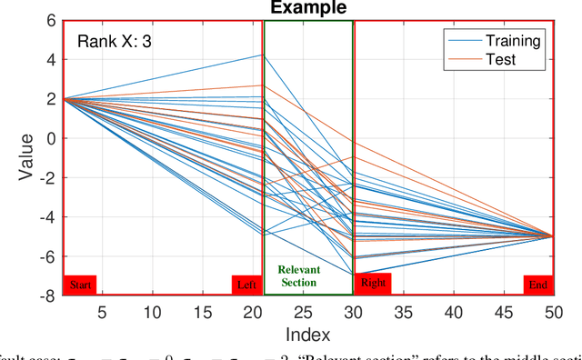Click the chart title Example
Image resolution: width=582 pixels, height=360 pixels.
[308, 8]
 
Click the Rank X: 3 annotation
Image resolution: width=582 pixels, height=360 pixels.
[115, 42]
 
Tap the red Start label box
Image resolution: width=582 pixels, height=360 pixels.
[80, 285]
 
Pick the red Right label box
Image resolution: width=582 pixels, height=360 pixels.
[373, 284]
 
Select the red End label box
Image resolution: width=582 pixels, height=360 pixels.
[538, 285]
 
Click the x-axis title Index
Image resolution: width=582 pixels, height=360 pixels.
[308, 334]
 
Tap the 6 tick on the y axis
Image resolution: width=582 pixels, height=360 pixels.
[51, 21]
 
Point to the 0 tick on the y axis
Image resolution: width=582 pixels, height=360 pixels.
[51, 138]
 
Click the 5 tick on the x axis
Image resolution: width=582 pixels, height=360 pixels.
[102, 311]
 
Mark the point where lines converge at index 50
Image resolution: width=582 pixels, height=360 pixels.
[552, 235]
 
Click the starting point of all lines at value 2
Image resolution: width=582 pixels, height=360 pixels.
[63, 98]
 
